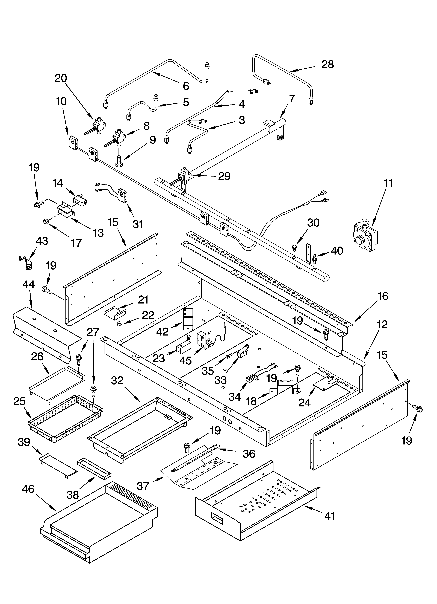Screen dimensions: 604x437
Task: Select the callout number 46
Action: click(x=28, y=489)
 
